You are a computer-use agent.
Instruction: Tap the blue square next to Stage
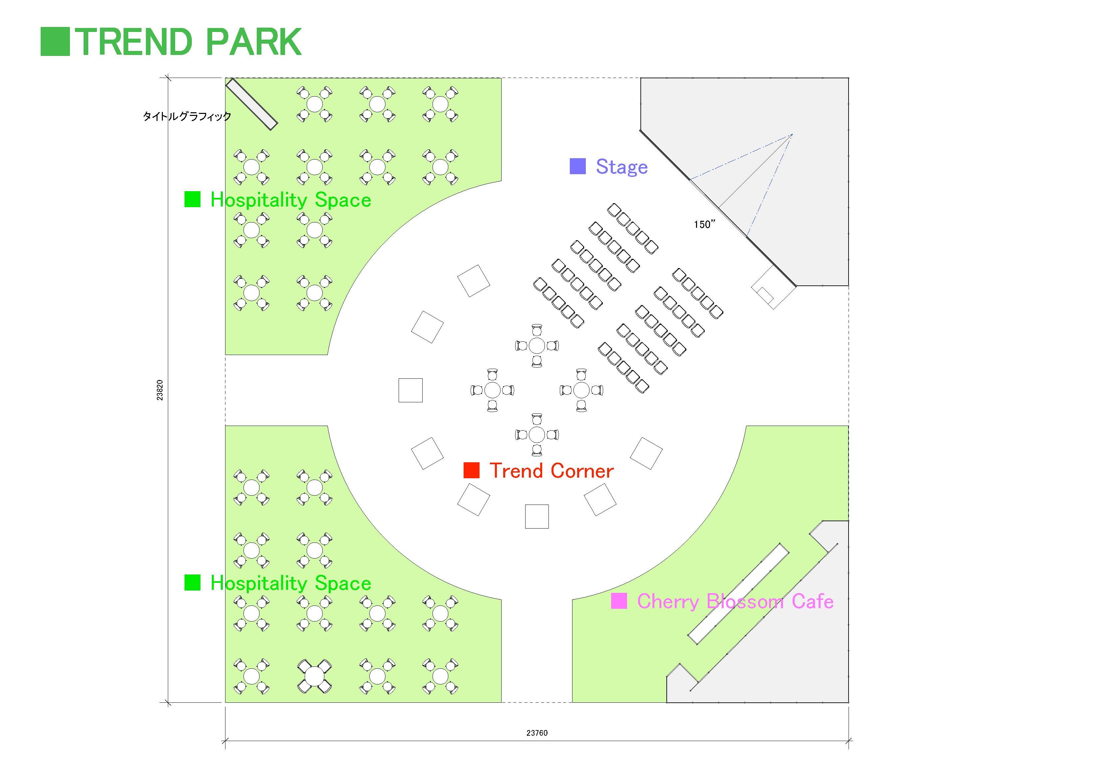pos(577,166)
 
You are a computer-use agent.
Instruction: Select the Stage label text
pos(621,167)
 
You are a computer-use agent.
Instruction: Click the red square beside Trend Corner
pos(471,470)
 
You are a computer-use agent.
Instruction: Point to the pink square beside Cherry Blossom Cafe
pos(619,601)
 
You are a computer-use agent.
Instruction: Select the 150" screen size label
pos(704,224)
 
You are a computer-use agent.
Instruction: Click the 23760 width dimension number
pos(537,733)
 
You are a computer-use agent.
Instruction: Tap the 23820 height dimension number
pos(160,390)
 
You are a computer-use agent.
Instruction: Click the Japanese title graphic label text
pos(187,116)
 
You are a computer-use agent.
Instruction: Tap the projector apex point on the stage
pos(792,135)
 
